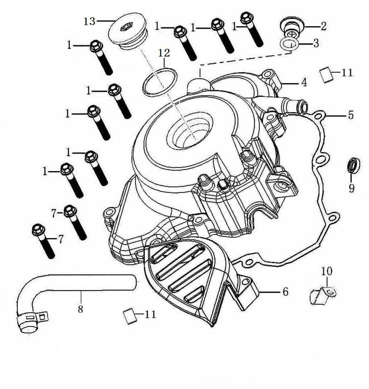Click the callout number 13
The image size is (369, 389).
point(89,21)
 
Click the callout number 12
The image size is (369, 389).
point(164,53)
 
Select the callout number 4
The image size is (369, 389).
point(304,83)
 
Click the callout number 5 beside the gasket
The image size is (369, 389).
point(351,115)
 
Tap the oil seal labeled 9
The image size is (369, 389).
point(353,166)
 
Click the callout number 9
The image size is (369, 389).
point(351,188)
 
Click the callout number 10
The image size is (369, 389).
point(327,271)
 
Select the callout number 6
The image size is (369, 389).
point(285,291)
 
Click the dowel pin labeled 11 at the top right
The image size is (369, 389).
point(326,75)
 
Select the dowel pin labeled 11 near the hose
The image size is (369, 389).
point(129,315)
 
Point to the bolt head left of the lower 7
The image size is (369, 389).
point(38,230)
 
